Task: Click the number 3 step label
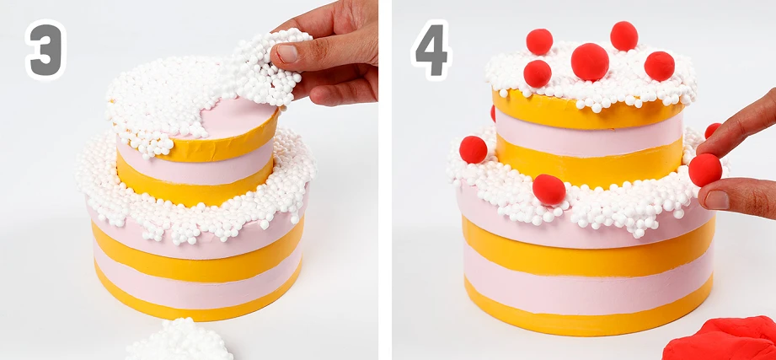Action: point(45,50)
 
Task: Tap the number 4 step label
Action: point(431,50)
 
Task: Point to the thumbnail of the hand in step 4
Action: point(717,200)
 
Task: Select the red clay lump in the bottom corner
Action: point(721,339)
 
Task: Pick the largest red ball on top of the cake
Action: point(590,62)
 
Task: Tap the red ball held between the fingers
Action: point(704,169)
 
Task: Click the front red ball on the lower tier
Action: point(549,189)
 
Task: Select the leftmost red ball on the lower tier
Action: point(474,149)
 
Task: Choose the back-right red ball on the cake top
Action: point(624,35)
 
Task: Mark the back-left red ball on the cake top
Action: point(539,41)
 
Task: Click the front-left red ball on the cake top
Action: point(538,74)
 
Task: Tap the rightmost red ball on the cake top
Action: point(659,66)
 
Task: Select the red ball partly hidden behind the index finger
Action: point(712,130)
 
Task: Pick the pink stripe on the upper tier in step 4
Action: point(589,134)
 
